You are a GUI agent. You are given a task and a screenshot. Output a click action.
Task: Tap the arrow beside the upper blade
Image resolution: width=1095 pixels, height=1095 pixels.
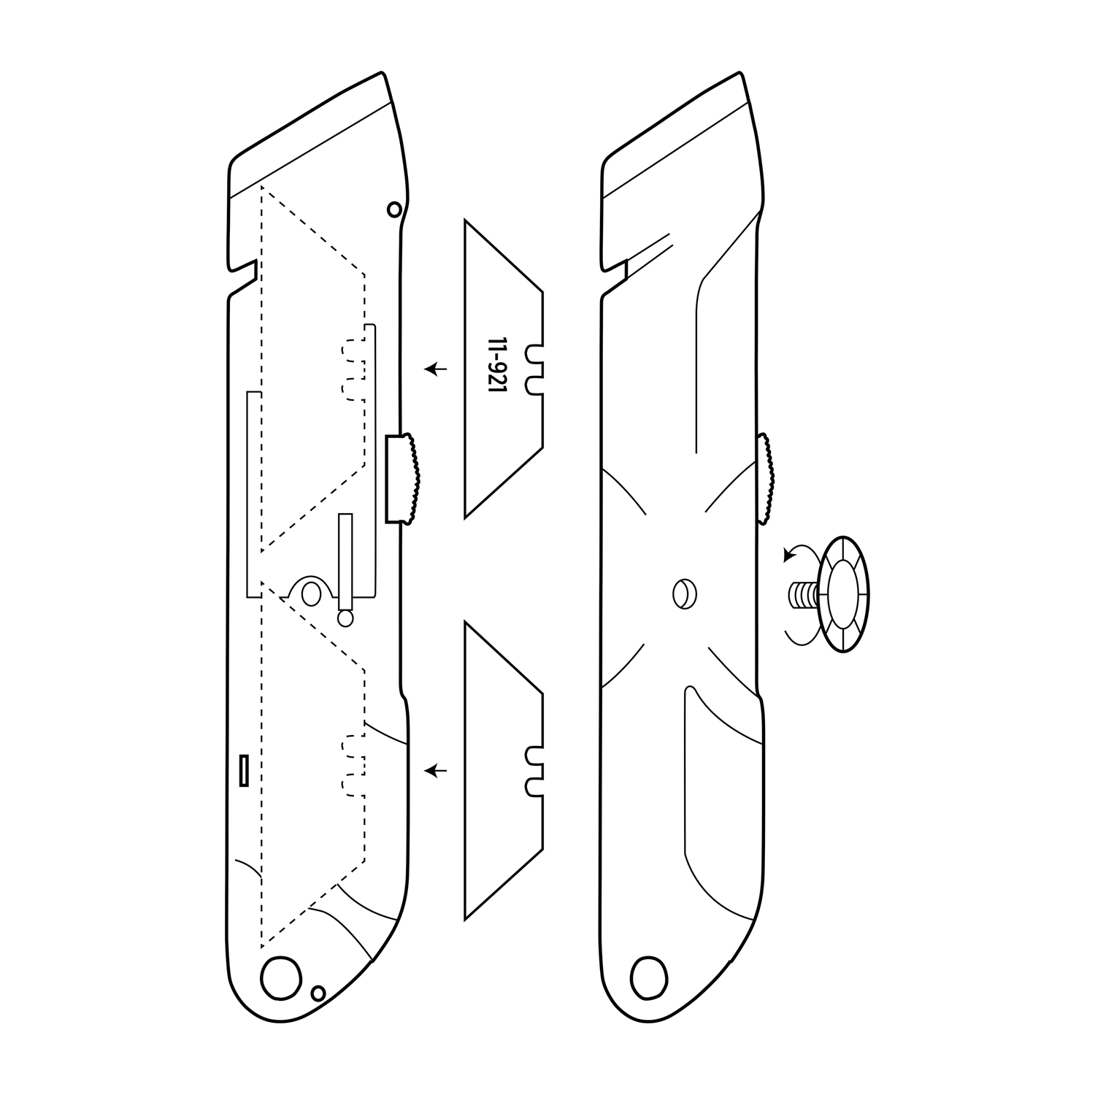437,369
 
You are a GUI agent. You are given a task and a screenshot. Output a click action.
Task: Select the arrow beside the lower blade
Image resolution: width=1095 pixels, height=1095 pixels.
437,770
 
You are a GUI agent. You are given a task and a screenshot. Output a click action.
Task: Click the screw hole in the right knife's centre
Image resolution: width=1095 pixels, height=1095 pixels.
683,592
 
